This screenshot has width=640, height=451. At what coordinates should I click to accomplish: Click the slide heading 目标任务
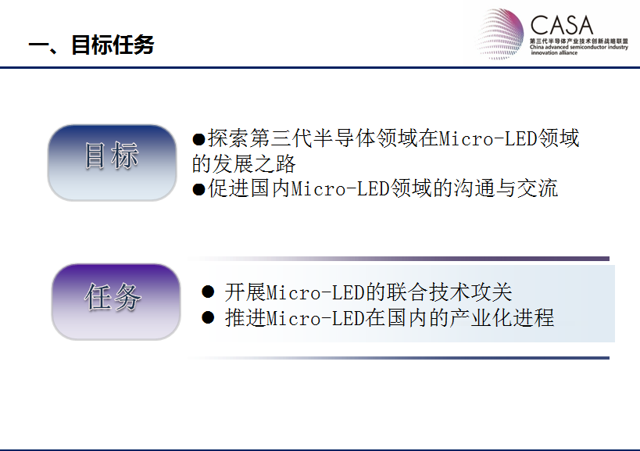(x=113, y=45)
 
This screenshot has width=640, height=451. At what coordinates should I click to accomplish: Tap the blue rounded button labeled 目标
(x=113, y=163)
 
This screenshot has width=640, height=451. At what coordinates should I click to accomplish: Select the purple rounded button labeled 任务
(x=116, y=302)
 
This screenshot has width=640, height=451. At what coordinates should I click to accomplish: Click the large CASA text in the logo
(x=562, y=25)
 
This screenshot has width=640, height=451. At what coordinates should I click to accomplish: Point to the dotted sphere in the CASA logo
(x=501, y=34)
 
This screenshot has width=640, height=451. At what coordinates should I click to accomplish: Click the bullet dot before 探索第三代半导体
(x=198, y=140)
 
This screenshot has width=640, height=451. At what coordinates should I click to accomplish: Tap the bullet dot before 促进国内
(x=198, y=190)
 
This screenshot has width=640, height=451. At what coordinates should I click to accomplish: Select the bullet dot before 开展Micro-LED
(x=208, y=292)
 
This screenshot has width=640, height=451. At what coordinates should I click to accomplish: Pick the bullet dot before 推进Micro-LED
(x=208, y=317)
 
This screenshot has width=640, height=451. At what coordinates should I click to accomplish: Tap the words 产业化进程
(x=502, y=318)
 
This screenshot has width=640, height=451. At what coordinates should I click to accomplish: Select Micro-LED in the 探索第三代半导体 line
(x=488, y=138)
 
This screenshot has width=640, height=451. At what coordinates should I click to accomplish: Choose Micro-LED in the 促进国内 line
(x=341, y=188)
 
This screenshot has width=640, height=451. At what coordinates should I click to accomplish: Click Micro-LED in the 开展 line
(x=315, y=292)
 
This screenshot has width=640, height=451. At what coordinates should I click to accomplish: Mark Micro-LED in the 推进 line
(x=315, y=318)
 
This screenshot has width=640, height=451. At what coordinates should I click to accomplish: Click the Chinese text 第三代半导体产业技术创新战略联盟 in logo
(x=579, y=41)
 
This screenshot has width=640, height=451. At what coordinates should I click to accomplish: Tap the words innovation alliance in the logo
(x=554, y=52)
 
